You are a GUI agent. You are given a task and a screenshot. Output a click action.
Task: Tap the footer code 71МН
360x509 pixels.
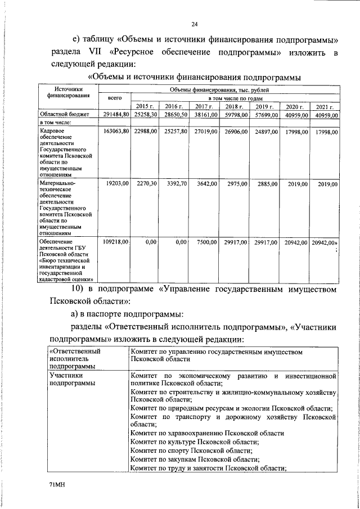point(56,484)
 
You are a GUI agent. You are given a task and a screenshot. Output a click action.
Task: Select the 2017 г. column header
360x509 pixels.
point(204,106)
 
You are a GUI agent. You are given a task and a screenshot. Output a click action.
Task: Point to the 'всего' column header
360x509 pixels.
point(114,98)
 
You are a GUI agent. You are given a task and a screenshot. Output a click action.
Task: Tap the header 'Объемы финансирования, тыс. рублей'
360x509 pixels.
point(219,89)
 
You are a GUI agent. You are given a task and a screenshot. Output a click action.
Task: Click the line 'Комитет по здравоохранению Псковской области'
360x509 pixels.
point(207,433)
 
